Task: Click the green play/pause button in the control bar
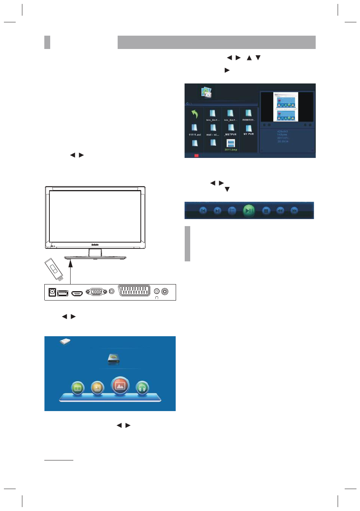click(249, 210)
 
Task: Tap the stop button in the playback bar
click(266, 211)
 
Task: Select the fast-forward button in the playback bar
click(294, 211)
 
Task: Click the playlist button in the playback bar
click(232, 210)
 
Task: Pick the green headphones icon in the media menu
click(143, 388)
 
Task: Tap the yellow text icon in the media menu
click(97, 388)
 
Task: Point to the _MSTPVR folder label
click(231, 134)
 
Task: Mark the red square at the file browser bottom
click(196, 156)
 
